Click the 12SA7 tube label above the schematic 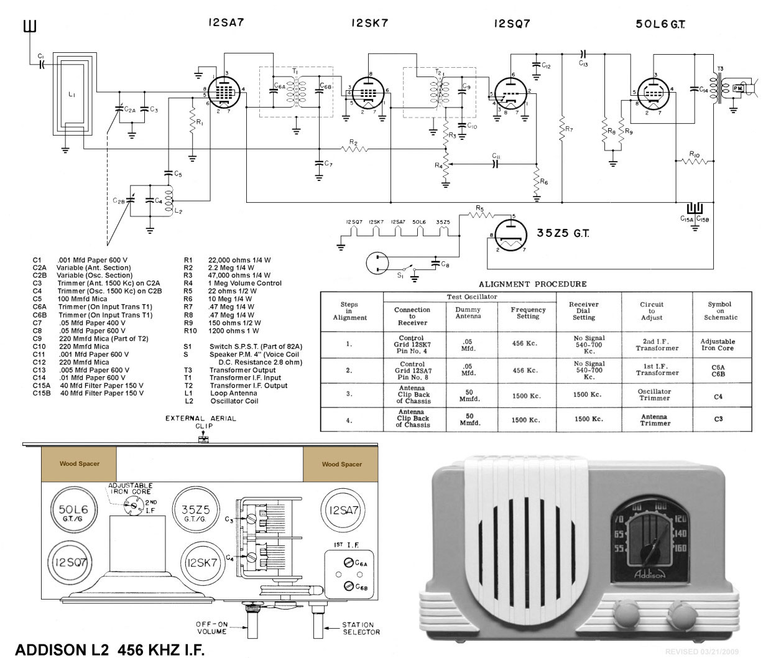tap(226, 23)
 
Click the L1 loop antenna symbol tap(73, 94)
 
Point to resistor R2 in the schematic tap(354, 149)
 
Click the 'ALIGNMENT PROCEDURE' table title tap(532, 284)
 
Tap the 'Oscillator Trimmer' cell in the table tap(655, 396)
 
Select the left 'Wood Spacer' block tap(79, 464)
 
